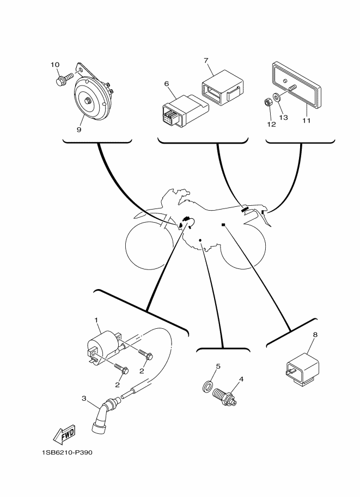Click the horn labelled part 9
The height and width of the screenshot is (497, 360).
click(x=91, y=95)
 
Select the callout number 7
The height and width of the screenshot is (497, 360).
click(x=206, y=60)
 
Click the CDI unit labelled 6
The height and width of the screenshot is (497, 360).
click(x=185, y=111)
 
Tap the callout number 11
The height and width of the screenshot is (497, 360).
click(x=307, y=120)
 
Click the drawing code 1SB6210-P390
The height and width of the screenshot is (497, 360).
click(x=67, y=452)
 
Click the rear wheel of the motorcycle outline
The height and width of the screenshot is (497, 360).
click(x=243, y=246)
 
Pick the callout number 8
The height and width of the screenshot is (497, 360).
click(x=315, y=335)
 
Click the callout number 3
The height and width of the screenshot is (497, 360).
click(x=84, y=398)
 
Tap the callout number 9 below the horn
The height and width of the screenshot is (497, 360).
click(x=79, y=130)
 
